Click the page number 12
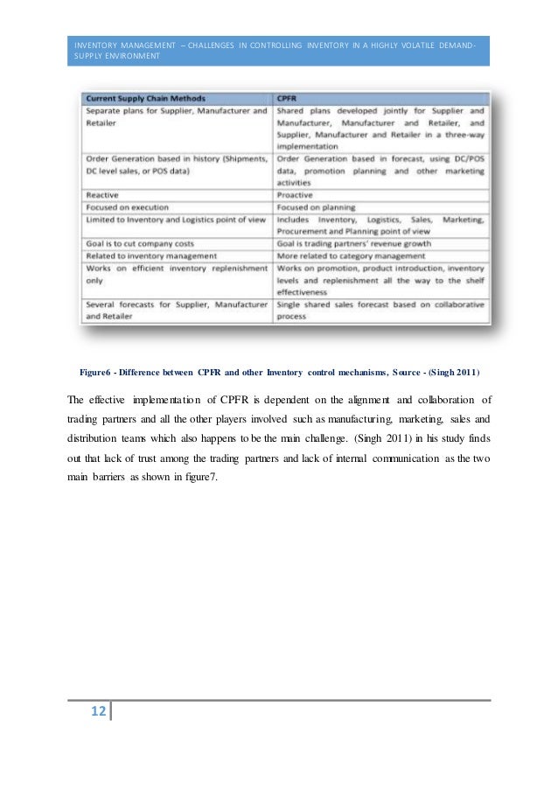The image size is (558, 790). (96, 712)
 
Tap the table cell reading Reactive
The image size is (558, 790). (104, 194)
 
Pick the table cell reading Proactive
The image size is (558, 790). (296, 194)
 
